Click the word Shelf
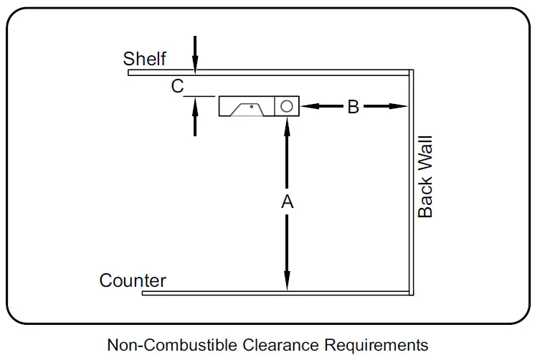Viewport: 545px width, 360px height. pyautogui.click(x=145, y=58)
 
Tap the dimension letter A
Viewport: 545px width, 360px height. pyautogui.click(x=287, y=203)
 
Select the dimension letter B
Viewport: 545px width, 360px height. pyautogui.click(x=353, y=107)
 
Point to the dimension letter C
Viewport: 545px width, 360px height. pyautogui.click(x=177, y=87)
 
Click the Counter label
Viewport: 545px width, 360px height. pyautogui.click(x=133, y=280)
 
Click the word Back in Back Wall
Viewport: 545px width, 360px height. pyautogui.click(x=425, y=196)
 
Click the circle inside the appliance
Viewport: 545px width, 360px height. pyautogui.click(x=286, y=106)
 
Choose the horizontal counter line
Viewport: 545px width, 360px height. pyautogui.click(x=280, y=293)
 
